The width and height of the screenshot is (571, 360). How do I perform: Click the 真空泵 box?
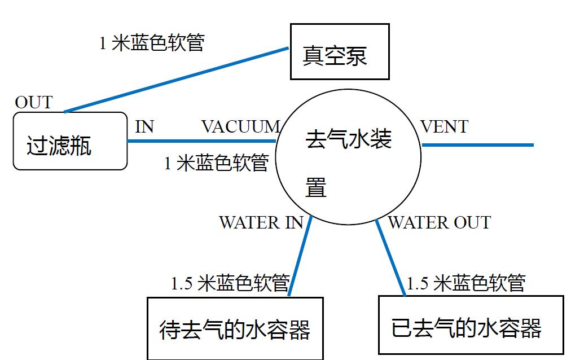pos(340,51)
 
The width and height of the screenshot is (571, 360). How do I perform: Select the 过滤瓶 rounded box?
pos(70,141)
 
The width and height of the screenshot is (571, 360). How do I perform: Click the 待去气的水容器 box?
pos(235,328)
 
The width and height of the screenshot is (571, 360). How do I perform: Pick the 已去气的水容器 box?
pos(471,325)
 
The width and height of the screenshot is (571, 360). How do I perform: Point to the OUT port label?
pos(33,103)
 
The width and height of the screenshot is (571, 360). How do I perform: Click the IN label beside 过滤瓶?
pos(144,127)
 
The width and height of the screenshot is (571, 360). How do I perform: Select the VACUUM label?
pos(240,127)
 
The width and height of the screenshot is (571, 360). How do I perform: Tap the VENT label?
pos(445,127)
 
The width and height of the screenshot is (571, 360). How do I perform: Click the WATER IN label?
pos(261,222)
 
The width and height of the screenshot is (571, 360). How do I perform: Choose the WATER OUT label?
pos(439,222)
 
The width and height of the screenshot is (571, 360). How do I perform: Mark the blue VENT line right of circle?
pos(477,145)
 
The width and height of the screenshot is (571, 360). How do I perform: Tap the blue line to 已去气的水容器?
pos(390,257)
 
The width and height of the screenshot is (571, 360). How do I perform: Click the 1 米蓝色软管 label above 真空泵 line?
pos(152,43)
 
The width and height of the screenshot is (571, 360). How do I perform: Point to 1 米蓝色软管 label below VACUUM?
pos(216,163)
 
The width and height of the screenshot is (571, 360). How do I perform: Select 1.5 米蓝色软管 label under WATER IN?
pos(230,283)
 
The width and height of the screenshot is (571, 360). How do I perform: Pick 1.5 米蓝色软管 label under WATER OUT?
pos(466,283)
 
